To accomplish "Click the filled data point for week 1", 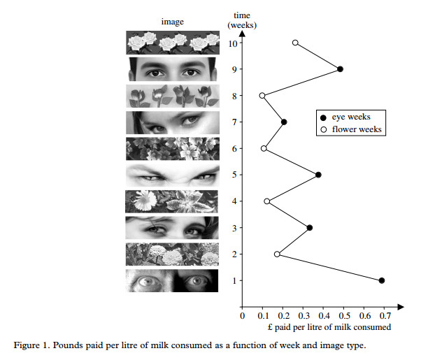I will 382,280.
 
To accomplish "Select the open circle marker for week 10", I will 295,43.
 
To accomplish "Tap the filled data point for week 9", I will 340,69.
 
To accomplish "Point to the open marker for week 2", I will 277,254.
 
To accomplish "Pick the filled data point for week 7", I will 284,122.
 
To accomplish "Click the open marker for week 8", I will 262,96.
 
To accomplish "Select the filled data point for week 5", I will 318,175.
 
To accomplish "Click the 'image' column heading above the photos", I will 172,22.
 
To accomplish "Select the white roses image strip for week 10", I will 171,43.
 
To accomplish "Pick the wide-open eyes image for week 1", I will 171,280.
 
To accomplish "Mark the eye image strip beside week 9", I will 171,69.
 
